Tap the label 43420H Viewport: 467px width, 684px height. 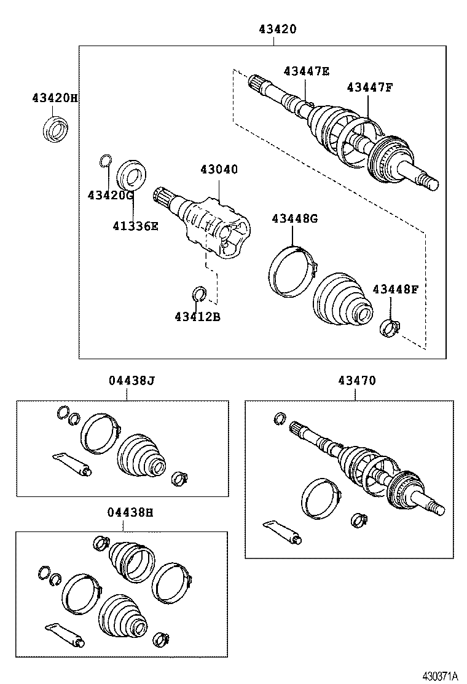coord(55,98)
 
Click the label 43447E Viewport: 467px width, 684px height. coord(306,71)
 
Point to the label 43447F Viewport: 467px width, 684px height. coord(369,87)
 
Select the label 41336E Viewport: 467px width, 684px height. coord(135,226)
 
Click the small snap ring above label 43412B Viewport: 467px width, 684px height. coord(198,295)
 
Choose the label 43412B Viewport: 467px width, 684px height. coord(197,317)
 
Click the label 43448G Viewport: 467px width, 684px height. coord(294,218)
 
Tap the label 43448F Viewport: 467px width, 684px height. coord(394,288)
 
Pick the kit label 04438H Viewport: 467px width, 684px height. coord(131,512)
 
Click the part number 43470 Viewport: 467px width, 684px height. coord(356,381)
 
